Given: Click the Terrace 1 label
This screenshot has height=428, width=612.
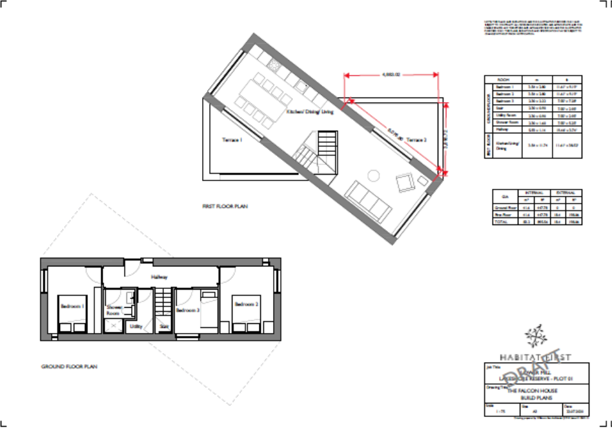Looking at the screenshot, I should (x=232, y=140).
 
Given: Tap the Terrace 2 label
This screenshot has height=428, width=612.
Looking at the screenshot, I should (x=416, y=140).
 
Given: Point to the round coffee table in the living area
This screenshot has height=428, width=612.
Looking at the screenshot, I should (x=373, y=175).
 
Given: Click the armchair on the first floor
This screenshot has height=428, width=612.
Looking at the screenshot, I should (x=405, y=183).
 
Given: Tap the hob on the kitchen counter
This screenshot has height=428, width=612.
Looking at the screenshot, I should (x=272, y=64).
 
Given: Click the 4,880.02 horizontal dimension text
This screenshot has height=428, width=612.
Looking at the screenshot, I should (x=391, y=75).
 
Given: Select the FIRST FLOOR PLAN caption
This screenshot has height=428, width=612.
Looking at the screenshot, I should (x=225, y=207).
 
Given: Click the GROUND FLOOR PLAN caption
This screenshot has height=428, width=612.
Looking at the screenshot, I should (x=69, y=367).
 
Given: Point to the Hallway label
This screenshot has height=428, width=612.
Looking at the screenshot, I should (x=159, y=277).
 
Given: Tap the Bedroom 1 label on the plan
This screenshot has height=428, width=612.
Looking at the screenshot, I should (x=72, y=305).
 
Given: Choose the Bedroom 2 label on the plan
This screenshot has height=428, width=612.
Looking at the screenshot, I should (x=246, y=304).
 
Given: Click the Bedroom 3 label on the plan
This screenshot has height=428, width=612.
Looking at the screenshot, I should (x=189, y=310).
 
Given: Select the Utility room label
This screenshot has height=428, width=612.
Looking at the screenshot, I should (x=136, y=326).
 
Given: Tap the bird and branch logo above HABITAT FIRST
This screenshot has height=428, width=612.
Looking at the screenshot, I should (x=534, y=336).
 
